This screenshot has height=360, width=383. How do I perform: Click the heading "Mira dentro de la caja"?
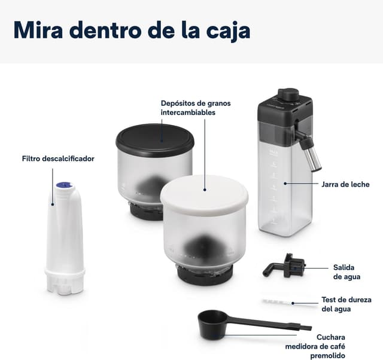click(132, 30)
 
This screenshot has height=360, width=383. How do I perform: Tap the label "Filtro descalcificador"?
click(58, 158)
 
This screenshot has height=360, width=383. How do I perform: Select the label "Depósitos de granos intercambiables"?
click(196, 108)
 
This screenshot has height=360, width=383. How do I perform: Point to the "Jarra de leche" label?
click(345, 184)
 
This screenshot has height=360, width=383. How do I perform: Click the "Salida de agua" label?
click(346, 272)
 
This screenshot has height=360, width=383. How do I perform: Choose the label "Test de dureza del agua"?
click(346, 304)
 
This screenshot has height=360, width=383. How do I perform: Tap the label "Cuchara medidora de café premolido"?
click(315, 346)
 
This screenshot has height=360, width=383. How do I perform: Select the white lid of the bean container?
click(204, 192)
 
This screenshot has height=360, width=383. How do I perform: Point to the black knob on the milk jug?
click(288, 94)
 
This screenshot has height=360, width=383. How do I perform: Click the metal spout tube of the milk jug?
click(311, 155)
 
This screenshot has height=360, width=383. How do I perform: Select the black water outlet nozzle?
click(285, 267)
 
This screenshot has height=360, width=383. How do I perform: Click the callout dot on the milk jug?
click(285, 184)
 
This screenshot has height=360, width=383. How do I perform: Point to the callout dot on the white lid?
click(205, 190)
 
